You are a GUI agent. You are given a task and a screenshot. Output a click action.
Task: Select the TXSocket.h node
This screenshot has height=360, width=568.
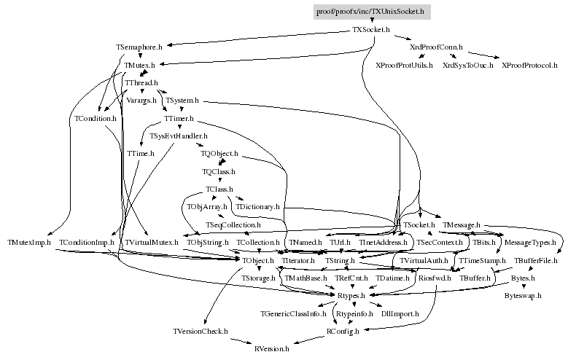[371, 31]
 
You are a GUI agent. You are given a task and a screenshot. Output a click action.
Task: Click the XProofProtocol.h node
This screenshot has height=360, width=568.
[530, 66]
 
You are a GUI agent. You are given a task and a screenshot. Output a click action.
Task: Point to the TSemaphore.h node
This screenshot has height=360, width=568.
[139, 47]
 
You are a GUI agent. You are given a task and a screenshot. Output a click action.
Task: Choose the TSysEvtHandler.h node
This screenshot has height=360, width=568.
[179, 136]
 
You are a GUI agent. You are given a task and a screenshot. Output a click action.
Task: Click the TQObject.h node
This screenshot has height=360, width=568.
[219, 154]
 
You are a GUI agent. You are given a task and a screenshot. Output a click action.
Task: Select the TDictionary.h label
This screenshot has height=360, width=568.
[258, 207]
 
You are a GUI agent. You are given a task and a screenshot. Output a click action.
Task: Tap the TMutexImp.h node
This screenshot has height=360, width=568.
[29, 242]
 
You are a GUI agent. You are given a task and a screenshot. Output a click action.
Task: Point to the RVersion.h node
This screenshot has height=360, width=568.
[272, 349]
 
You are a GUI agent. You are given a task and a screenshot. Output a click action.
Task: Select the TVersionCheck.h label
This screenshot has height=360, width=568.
[201, 331]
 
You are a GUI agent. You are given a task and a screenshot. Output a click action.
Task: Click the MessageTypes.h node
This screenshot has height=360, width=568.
[530, 242]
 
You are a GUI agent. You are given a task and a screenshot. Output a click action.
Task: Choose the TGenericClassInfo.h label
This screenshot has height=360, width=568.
[293, 313]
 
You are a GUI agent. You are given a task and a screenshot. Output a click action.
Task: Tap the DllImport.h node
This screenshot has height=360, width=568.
[400, 313]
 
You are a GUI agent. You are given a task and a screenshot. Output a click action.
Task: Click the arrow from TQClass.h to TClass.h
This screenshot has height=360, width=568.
[219, 181]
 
